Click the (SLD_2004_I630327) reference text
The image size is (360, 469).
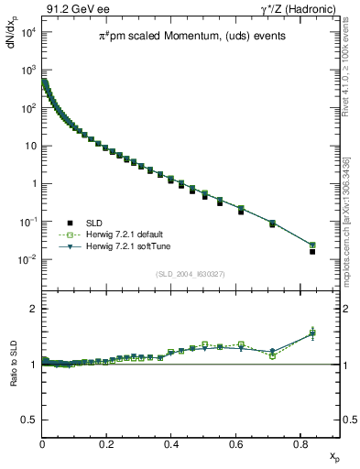click(x=192, y=274)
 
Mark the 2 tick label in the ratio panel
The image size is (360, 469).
click(x=33, y=310)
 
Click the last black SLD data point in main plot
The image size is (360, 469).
click(x=312, y=251)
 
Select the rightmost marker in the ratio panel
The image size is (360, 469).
click(x=312, y=333)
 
